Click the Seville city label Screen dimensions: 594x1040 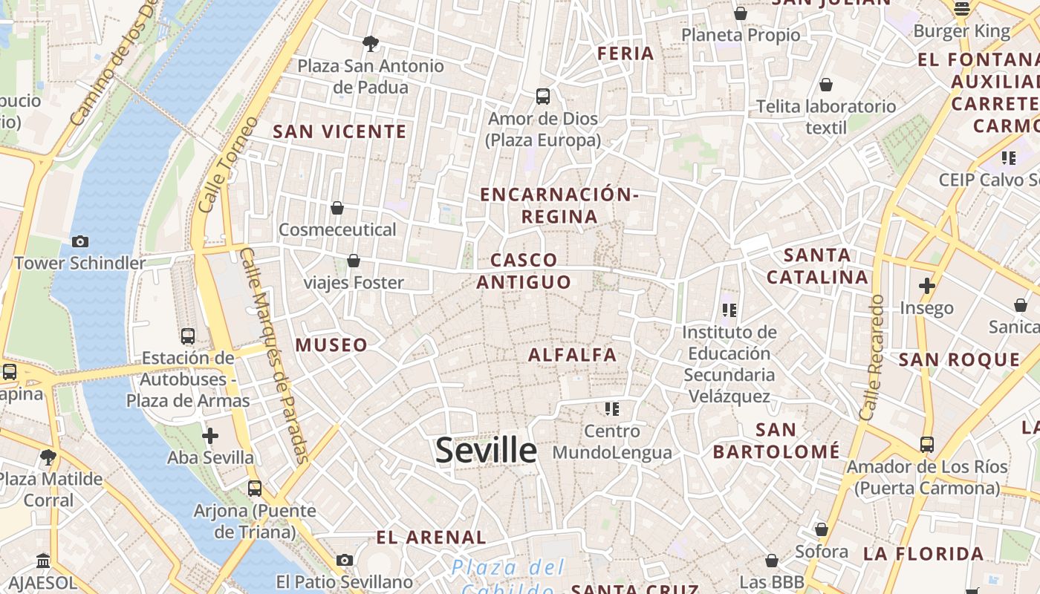coord(486,451)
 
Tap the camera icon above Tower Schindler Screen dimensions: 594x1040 coord(80,241)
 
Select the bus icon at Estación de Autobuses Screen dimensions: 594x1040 coord(188,336)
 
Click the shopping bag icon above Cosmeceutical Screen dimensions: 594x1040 coord(337,208)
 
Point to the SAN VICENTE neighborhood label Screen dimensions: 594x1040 coord(339,132)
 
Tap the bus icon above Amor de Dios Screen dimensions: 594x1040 coord(543,97)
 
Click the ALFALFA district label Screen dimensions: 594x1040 coord(572,355)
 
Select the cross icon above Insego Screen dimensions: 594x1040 coord(926,286)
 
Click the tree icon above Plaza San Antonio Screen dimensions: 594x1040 coord(370,44)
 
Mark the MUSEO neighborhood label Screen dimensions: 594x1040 coord(331,345)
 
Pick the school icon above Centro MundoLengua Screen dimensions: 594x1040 coord(612,409)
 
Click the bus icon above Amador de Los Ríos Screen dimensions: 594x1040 coord(927,445)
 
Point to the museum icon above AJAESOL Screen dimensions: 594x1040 coord(43,561)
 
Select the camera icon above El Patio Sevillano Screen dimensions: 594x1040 coord(344,560)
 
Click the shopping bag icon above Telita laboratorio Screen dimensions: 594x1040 coord(826,85)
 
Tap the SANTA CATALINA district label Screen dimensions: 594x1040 coord(817,267)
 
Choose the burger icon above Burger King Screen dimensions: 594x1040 coord(962,9)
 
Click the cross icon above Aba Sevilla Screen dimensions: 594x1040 coord(210,436)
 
